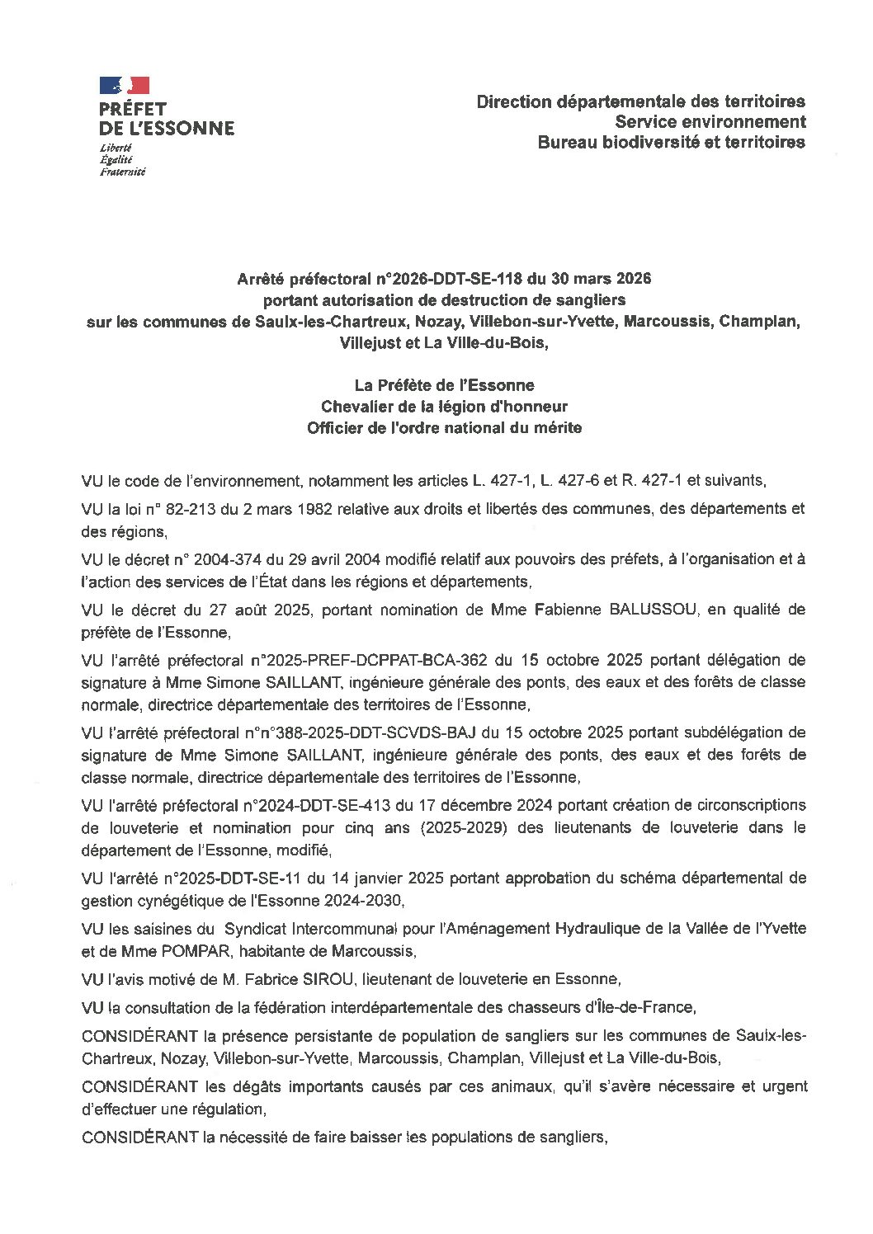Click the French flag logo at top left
(125, 85)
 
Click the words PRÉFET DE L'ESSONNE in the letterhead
(166, 119)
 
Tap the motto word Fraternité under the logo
(122, 172)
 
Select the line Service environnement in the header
(710, 122)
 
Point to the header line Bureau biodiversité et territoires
(671, 142)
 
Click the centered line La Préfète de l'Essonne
(444, 385)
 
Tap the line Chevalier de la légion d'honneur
(444, 407)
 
